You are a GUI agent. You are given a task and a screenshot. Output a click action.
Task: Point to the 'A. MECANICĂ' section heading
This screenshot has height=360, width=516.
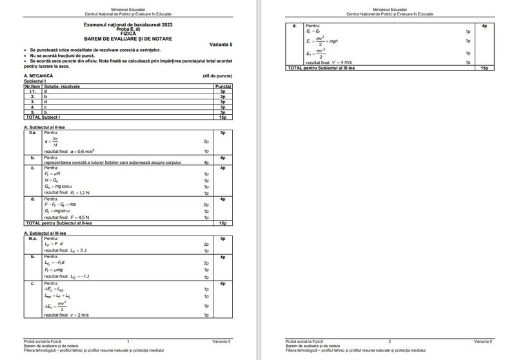coord(37,76)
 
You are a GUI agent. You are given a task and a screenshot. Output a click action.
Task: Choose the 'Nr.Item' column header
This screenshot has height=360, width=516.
coord(32,86)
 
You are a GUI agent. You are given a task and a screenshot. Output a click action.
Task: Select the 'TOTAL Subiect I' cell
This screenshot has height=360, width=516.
coord(41,117)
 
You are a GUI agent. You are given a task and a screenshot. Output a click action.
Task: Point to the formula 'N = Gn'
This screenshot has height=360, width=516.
coord(52,180)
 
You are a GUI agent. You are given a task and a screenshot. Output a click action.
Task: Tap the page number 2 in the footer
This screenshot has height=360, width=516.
coord(389,341)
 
